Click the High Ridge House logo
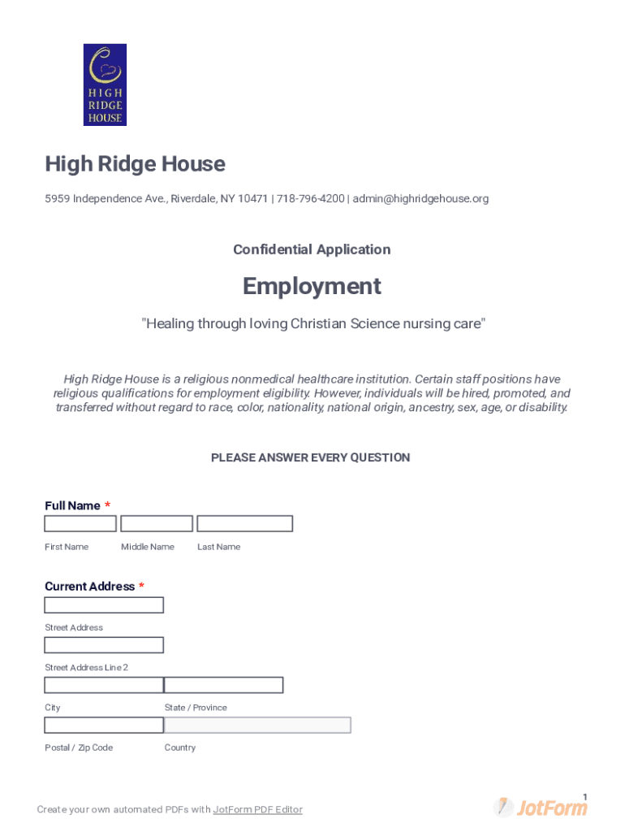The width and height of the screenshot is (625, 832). pos(105,84)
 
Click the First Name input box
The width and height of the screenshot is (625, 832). pos(80,524)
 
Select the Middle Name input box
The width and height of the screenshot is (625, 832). pos(157,524)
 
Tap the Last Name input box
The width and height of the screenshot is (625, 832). pos(244,524)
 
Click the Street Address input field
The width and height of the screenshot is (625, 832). pos(104,605)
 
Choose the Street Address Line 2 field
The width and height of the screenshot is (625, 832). pos(104,645)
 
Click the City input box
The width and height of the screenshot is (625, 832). pos(104,685)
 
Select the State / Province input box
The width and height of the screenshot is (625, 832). pos(224,685)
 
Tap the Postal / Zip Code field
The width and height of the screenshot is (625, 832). pos(104,725)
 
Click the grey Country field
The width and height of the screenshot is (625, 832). pos(258,725)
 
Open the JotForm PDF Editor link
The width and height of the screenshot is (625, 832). pos(257,810)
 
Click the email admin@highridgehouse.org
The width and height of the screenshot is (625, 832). pos(420,199)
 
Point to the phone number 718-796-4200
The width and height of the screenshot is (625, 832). pos(310,199)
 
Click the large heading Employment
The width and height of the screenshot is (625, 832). pos(312,286)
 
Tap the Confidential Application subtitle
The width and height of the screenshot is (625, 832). pos(312,249)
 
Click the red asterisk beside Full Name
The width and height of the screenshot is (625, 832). pos(108,505)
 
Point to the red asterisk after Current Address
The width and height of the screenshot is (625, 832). pos(142,586)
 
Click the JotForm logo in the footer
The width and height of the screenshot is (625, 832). pos(541,808)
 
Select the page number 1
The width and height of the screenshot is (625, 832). pos(584,796)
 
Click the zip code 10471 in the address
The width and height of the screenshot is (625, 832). pos(253,199)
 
